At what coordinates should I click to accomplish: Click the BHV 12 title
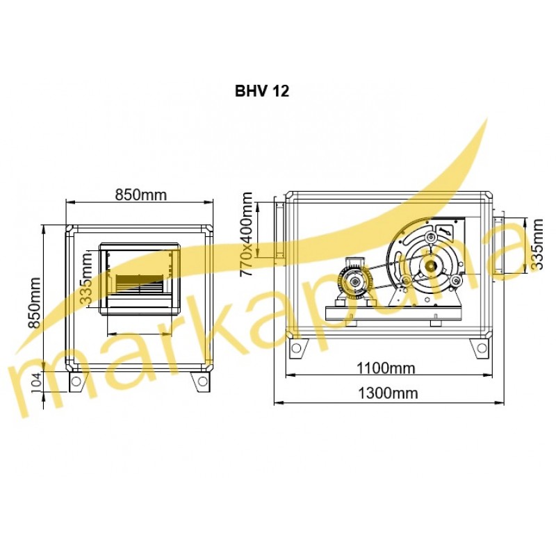pyautogui.click(x=262, y=91)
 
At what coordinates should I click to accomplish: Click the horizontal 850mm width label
pyautogui.click(x=141, y=195)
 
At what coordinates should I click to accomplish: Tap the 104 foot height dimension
pyautogui.click(x=37, y=384)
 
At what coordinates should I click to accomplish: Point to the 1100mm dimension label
pyautogui.click(x=386, y=368)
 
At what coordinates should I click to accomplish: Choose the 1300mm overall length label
pyautogui.click(x=388, y=393)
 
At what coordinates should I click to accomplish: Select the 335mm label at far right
pyautogui.click(x=537, y=245)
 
